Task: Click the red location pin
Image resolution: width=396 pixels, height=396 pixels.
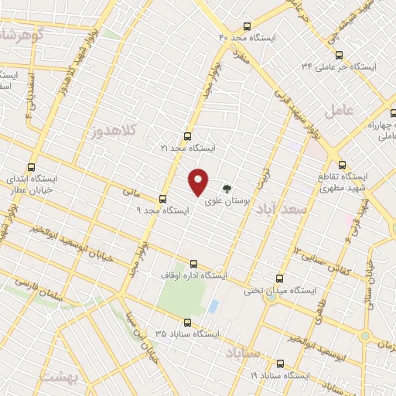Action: point(199,181)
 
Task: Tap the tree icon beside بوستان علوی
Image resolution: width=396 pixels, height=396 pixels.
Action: point(227,187)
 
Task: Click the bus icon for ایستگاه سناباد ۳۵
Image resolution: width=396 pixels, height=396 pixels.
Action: point(186,323)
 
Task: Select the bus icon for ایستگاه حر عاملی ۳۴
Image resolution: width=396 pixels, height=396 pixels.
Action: point(339,54)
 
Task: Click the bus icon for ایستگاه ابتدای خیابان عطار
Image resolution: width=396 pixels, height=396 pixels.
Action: point(31,166)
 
